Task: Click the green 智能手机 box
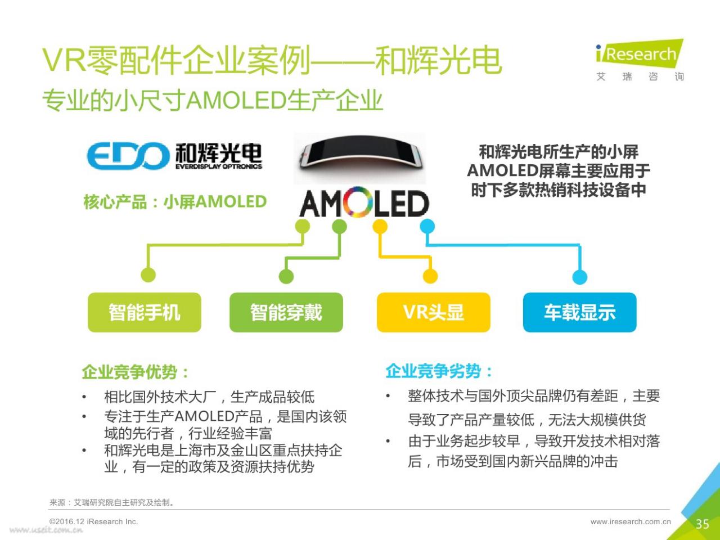145,312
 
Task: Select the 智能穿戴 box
286,312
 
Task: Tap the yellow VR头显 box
433,312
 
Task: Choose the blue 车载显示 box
579,312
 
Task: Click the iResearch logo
640,60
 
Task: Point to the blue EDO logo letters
128,155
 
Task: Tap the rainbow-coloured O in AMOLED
358,202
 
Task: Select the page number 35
703,524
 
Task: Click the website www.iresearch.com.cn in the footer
631,521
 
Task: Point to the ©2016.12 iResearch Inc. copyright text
93,521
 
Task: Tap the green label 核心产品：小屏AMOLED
175,201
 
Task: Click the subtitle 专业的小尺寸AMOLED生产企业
213,100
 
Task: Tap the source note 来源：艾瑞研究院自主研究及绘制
112,502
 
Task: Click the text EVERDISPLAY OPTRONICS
219,166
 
